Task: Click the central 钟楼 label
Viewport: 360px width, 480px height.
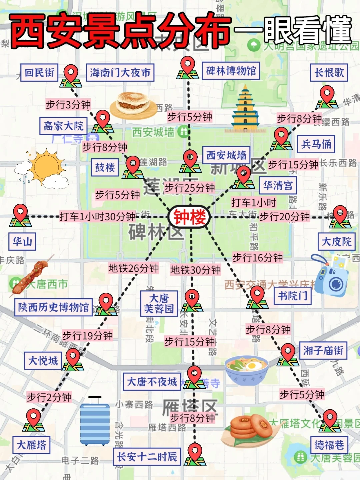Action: click(x=189, y=217)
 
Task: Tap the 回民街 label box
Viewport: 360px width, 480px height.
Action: click(x=39, y=73)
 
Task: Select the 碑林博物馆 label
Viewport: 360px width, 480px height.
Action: click(x=231, y=71)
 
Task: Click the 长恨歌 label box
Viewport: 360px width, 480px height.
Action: click(x=329, y=73)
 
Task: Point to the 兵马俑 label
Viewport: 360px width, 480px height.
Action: click(x=316, y=144)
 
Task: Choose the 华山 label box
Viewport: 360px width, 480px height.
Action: click(x=22, y=241)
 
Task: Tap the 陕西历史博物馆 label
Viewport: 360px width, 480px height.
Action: click(x=53, y=307)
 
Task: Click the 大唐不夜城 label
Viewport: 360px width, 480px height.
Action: click(x=152, y=382)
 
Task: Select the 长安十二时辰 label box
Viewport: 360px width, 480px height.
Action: click(x=147, y=457)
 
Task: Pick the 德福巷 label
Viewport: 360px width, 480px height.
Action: click(x=329, y=445)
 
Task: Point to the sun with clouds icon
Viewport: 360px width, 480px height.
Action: click(x=44, y=168)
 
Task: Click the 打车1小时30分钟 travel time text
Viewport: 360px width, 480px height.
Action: click(x=97, y=217)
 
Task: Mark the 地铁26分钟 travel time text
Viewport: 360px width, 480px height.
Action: click(x=133, y=268)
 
